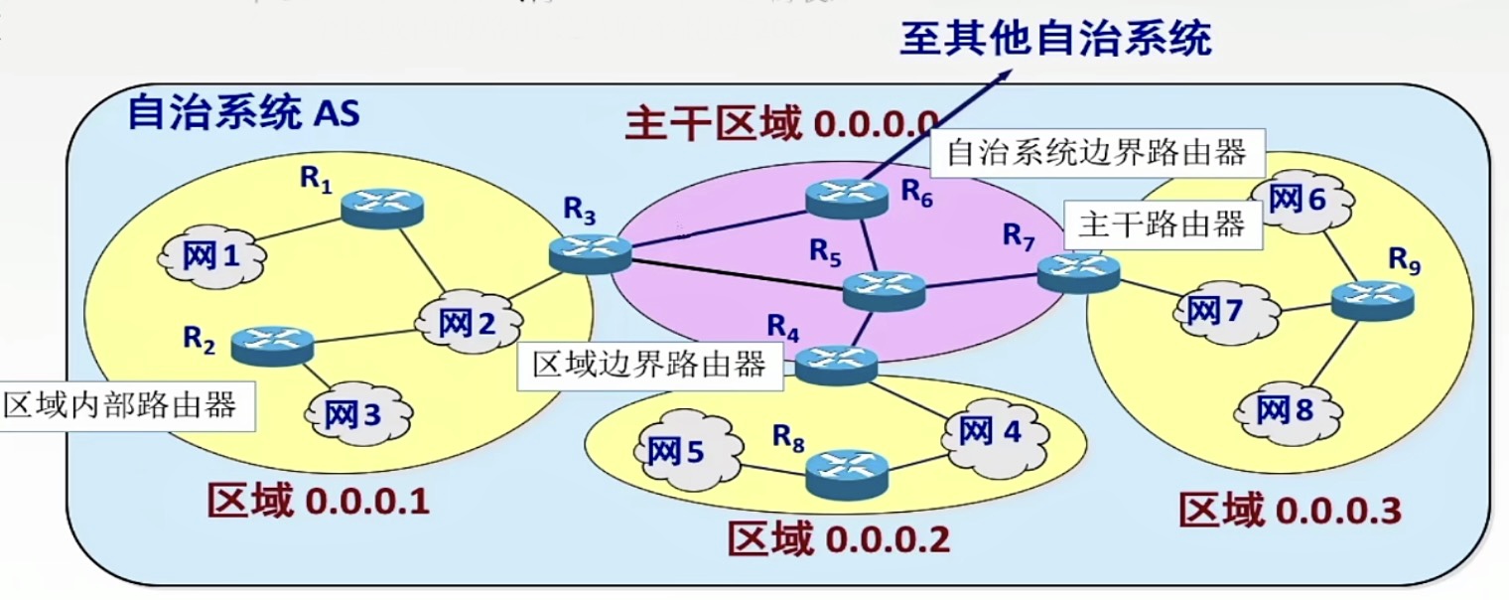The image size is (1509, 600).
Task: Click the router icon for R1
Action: (x=382, y=206)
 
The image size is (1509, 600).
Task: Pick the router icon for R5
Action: (x=884, y=288)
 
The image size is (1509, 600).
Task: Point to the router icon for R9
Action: (x=1372, y=297)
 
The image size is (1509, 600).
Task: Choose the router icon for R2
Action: (x=272, y=343)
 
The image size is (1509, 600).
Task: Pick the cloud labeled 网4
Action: (x=992, y=431)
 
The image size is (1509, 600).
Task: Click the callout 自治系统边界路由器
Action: (x=1095, y=153)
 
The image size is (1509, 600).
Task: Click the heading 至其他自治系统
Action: (x=1055, y=40)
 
